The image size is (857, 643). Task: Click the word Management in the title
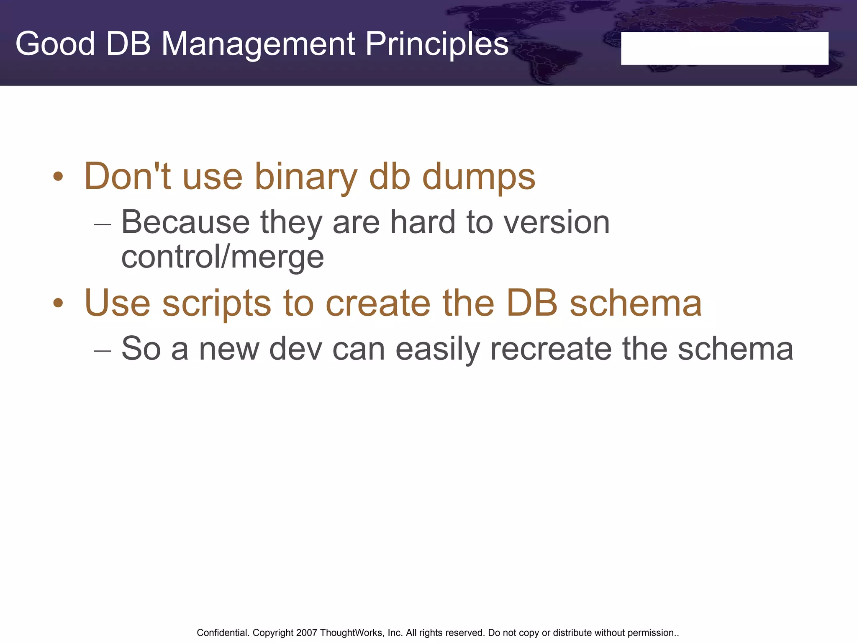click(258, 44)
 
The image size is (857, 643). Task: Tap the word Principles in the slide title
click(437, 44)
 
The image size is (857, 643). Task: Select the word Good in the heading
click(55, 44)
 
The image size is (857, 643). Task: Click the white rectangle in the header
click(724, 49)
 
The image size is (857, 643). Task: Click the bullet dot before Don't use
click(58, 177)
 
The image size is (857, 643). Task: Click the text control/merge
click(222, 257)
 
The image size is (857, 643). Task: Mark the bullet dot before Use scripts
click(58, 303)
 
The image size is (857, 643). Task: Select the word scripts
click(216, 303)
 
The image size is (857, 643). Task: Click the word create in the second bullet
click(378, 303)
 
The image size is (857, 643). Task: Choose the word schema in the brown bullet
click(636, 303)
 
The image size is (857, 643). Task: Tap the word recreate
click(551, 350)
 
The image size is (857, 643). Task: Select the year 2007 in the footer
click(307, 633)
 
